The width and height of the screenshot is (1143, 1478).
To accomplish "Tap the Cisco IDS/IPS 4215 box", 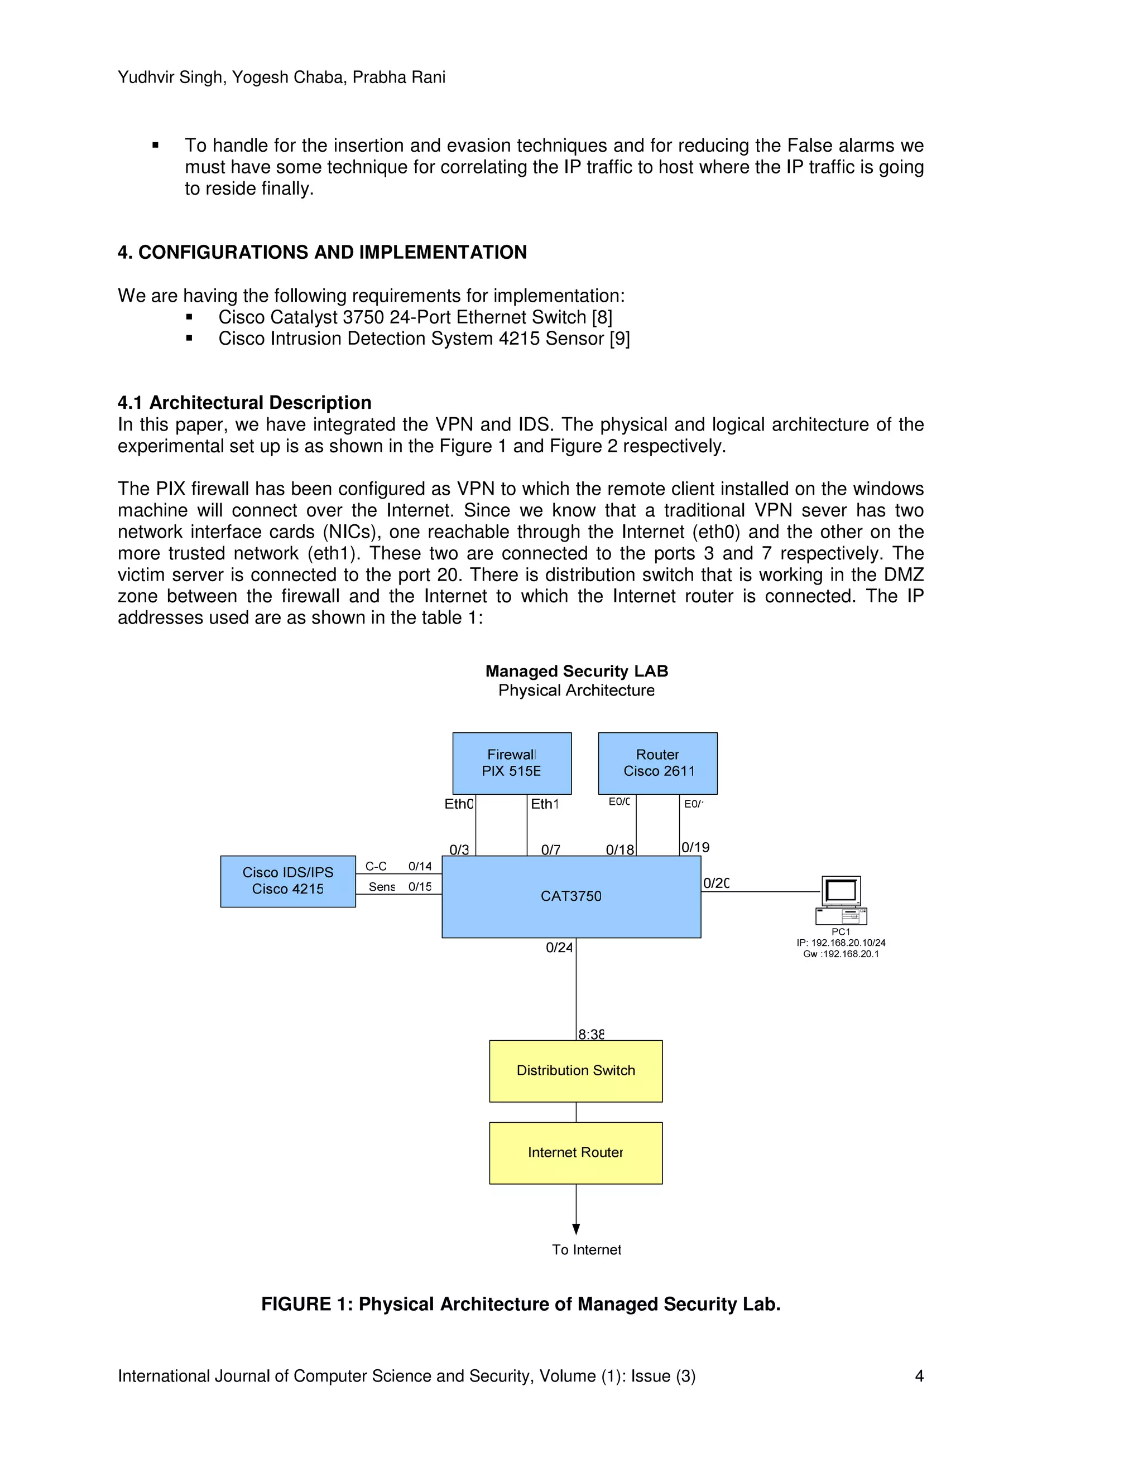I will (288, 881).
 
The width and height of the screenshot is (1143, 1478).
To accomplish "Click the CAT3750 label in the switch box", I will (571, 896).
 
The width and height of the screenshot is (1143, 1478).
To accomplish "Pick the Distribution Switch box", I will (575, 1071).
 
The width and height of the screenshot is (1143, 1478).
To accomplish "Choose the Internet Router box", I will (575, 1152).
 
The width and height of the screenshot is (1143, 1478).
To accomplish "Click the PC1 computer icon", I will (841, 900).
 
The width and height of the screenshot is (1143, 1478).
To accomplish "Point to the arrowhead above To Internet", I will (575, 1229).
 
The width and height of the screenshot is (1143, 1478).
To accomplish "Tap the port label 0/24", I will (559, 948).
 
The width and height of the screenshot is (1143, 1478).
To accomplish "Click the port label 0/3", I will (459, 849).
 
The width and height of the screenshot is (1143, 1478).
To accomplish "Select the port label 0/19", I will (695, 847).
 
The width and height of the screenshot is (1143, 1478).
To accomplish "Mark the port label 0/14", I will (420, 866).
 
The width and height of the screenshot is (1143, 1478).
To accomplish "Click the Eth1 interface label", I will (544, 804).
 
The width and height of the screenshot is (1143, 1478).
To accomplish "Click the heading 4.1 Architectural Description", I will (244, 403).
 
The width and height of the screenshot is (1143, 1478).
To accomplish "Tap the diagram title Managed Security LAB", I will (576, 672).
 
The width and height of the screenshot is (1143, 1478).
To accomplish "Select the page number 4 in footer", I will (919, 1376).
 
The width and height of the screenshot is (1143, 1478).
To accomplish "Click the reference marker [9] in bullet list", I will (619, 339).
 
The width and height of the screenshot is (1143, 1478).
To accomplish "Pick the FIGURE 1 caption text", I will (520, 1304).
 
